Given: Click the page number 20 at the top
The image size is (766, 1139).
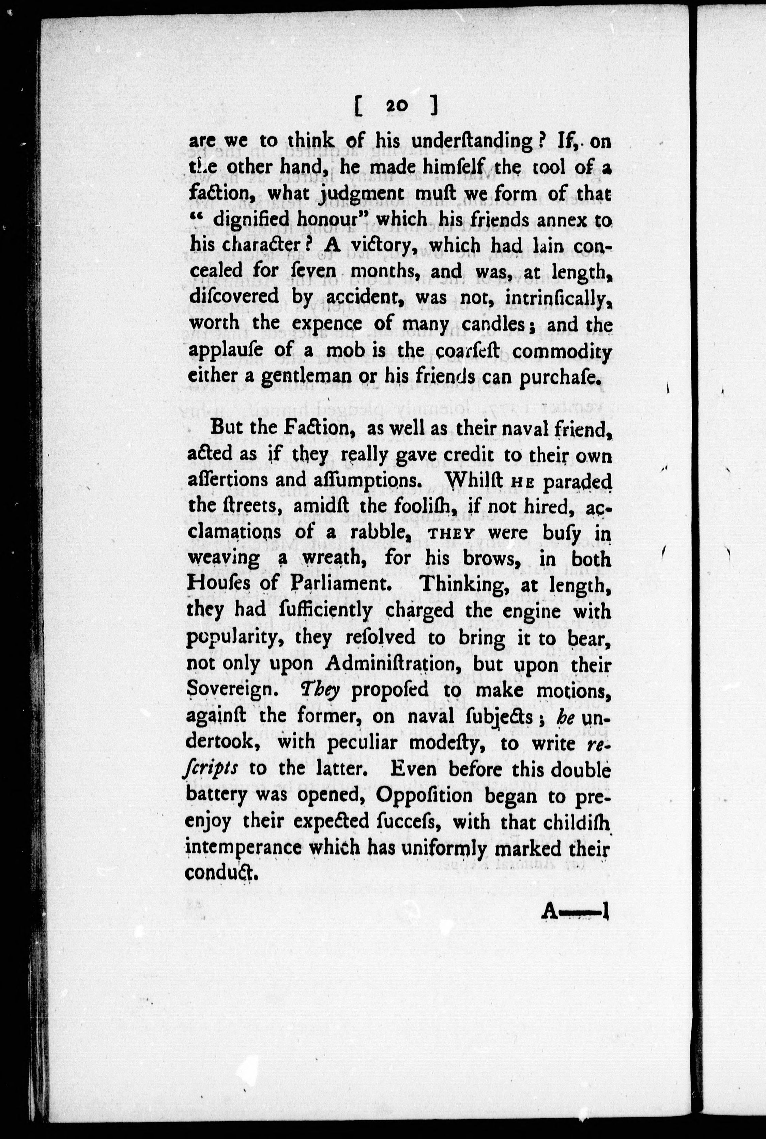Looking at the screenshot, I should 395,106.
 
